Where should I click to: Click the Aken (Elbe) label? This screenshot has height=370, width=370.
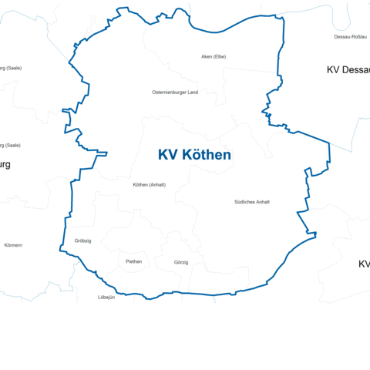[x=213, y=57]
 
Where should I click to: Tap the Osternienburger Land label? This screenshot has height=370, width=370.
[x=175, y=92]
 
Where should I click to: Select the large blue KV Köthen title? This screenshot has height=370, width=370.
[x=194, y=155]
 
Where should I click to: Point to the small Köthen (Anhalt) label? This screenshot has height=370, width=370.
[x=150, y=185]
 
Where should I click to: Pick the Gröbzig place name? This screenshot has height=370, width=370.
[x=82, y=241]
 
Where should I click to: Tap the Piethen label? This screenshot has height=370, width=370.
[x=133, y=261]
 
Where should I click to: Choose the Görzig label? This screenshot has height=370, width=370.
[x=181, y=263]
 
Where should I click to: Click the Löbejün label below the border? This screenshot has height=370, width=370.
[x=106, y=298]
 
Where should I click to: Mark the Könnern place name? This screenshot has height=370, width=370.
[x=13, y=245]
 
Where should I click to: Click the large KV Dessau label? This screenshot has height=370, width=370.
[x=348, y=70]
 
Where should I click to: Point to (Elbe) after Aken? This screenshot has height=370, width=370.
[x=220, y=57]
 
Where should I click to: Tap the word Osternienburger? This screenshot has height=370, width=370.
[x=168, y=92]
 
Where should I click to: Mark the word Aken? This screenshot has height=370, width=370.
[x=206, y=57]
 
